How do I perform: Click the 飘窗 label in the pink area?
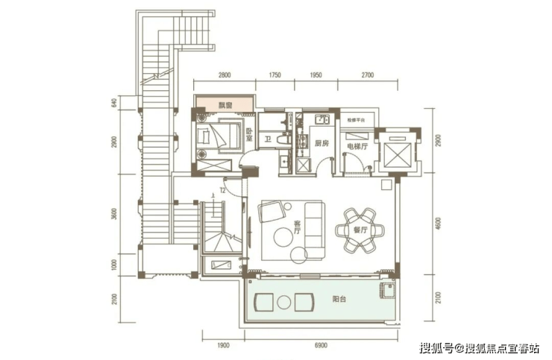225,105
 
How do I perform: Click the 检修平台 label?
355,119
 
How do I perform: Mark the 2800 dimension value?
225,75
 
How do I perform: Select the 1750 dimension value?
275,75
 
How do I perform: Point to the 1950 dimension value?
315,75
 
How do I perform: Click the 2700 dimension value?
366,75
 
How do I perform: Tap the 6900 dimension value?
322,344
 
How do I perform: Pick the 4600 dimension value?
439,223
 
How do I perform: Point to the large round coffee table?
283,238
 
